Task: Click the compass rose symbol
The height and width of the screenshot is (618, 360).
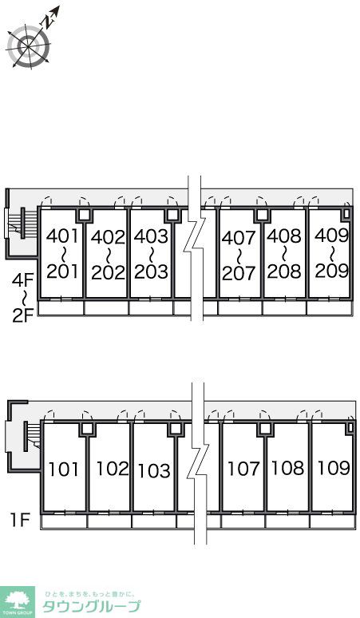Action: click(30, 45)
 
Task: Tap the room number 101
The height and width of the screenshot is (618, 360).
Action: click(63, 469)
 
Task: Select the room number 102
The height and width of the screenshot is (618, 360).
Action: click(113, 468)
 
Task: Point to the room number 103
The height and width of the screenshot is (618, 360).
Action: click(154, 470)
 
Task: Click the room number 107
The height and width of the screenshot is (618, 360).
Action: click(243, 468)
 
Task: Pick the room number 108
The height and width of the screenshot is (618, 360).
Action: click(288, 468)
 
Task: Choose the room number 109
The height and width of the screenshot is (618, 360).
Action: click(334, 468)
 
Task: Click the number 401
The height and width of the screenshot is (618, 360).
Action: click(62, 236)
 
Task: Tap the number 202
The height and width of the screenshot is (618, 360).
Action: click(108, 272)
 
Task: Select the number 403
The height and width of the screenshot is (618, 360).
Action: click(151, 236)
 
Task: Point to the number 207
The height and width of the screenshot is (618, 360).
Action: click(239, 273)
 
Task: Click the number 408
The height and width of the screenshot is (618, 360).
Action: click(284, 236)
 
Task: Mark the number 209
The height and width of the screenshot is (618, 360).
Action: click(331, 271)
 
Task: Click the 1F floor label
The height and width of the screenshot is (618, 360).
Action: click(20, 521)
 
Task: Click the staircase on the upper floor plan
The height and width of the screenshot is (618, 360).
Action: click(18, 224)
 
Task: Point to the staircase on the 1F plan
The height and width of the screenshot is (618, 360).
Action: click(31, 436)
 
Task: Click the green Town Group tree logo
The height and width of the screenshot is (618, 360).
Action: click(18, 602)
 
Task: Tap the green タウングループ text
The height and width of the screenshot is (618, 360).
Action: click(91, 607)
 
